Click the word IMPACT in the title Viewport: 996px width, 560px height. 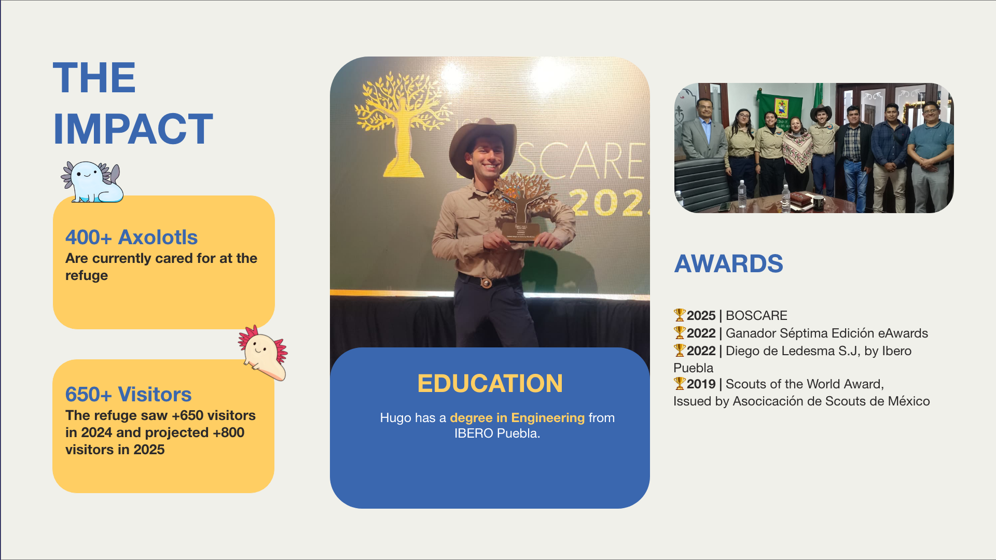133,129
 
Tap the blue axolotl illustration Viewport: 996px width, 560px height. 93,181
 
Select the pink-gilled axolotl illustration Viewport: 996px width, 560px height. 263,353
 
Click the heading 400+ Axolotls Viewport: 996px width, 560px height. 131,237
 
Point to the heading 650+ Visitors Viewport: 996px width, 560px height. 128,394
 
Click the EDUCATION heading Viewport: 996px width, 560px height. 490,383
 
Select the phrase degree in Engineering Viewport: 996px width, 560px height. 517,417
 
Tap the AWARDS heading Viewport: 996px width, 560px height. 728,263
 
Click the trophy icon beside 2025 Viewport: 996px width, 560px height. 680,315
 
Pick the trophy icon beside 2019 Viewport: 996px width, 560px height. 680,383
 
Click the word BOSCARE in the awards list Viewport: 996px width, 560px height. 756,315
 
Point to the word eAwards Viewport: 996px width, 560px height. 903,333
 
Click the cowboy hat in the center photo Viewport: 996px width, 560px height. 483,143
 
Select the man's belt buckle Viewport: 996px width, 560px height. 486,283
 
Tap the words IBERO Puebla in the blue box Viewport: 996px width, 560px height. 497,433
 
